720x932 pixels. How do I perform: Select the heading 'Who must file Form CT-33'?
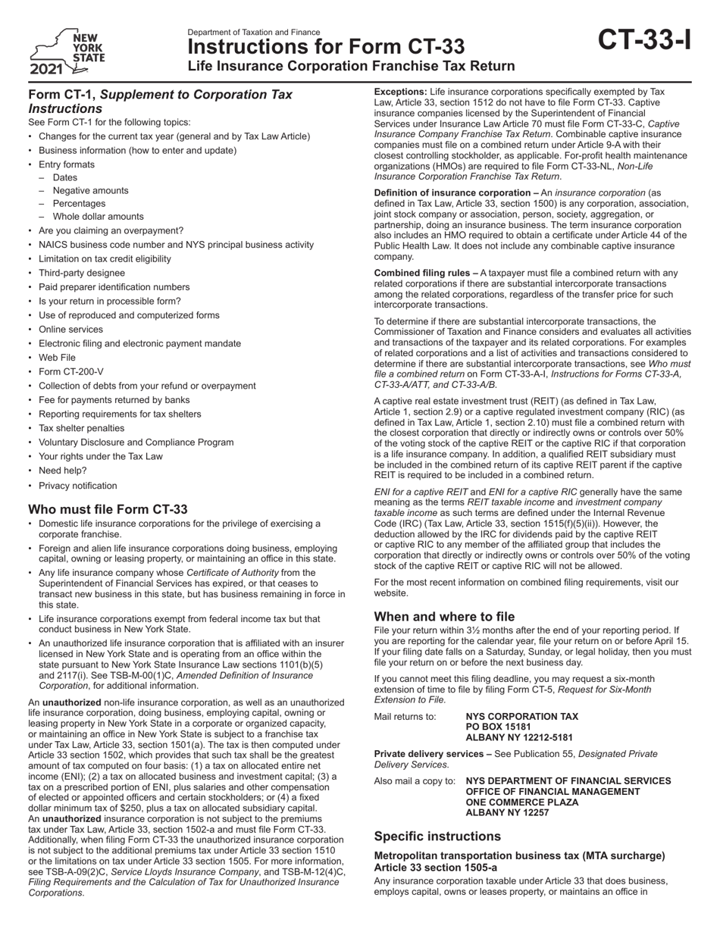click(108, 509)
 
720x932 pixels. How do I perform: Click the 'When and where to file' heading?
click(444, 617)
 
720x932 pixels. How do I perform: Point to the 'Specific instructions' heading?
click(437, 837)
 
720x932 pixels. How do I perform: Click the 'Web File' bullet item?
click(58, 358)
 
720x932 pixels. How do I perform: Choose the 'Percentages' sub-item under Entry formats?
click(79, 203)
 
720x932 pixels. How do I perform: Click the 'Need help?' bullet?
click(63, 471)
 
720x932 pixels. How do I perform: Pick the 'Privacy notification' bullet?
click(78, 486)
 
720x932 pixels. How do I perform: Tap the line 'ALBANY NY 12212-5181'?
click(519, 737)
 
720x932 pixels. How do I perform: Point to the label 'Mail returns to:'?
click(405, 716)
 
